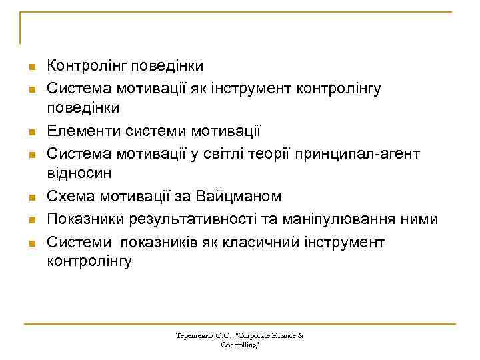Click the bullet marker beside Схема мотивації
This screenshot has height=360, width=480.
[x=31, y=198]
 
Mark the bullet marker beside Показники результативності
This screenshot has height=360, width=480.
[x=31, y=220]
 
